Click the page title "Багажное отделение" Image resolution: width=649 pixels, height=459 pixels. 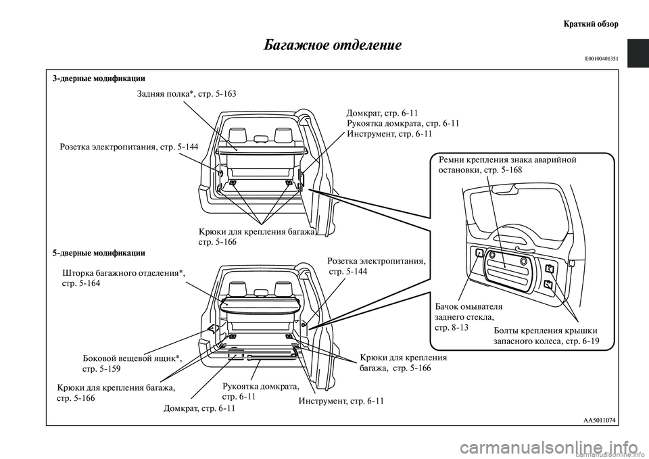click(x=332, y=45)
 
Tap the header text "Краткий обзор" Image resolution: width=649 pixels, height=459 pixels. click(x=591, y=24)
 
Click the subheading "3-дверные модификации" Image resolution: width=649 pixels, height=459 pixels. click(x=98, y=79)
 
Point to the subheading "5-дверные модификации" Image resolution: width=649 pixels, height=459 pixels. click(x=98, y=253)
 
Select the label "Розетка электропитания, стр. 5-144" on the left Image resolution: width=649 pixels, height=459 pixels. click(x=128, y=147)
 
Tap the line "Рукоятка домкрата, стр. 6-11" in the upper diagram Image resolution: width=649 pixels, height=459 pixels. click(x=403, y=124)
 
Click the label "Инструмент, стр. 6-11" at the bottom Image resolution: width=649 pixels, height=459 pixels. click(x=341, y=402)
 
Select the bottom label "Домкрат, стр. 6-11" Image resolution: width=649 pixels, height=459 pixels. click(x=200, y=409)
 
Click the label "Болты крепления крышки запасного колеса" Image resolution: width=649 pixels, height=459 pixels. click(x=546, y=336)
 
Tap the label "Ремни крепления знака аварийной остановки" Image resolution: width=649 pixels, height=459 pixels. click(x=507, y=165)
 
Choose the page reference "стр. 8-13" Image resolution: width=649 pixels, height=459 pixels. click(x=450, y=328)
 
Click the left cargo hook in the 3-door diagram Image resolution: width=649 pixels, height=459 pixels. click(x=233, y=183)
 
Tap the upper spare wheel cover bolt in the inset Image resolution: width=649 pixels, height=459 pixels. click(x=548, y=269)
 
